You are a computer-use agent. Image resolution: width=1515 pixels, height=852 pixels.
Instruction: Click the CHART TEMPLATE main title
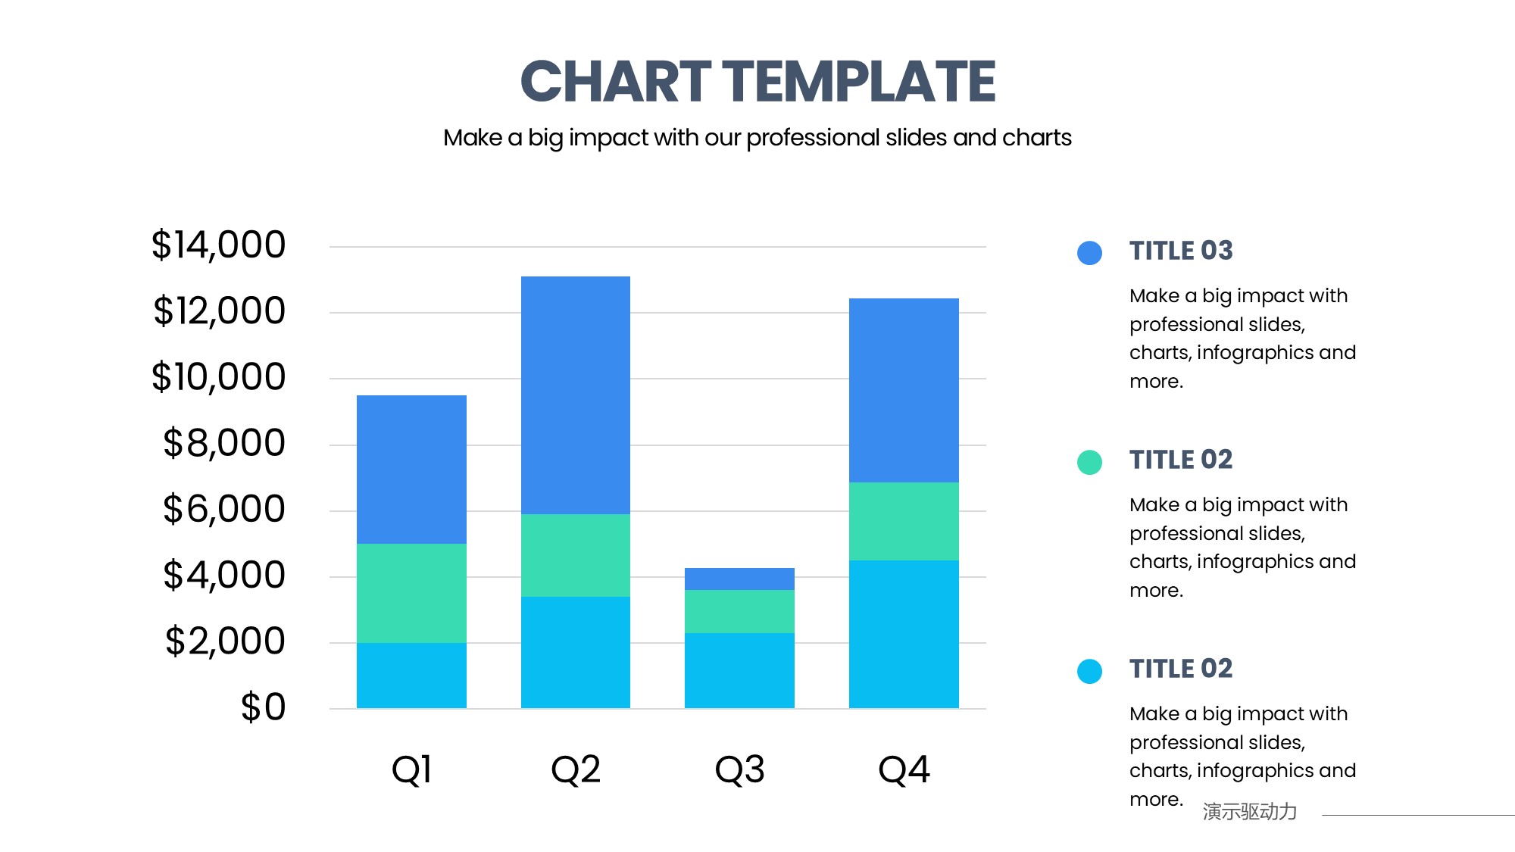[x=757, y=82]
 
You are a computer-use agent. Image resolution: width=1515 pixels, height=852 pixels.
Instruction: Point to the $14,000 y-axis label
[x=218, y=245]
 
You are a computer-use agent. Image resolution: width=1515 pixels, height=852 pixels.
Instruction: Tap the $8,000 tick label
[x=223, y=443]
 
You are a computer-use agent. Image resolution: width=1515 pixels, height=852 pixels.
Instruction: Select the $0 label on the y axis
[x=263, y=707]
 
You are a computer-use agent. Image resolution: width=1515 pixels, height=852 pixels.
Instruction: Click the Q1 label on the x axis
[x=411, y=769]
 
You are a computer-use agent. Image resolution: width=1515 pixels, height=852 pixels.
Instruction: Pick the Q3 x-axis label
[x=739, y=769]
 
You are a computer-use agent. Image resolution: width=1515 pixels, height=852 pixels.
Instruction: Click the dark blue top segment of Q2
[x=576, y=394]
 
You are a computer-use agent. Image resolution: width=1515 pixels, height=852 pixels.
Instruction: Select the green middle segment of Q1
[x=411, y=593]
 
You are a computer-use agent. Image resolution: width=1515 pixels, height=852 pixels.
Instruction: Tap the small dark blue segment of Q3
[x=739, y=579]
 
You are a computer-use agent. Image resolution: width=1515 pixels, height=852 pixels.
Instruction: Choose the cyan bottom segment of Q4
[x=904, y=634]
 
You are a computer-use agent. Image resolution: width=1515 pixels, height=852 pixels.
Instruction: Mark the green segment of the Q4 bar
[x=904, y=521]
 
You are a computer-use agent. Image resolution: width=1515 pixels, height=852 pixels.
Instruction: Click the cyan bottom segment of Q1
[x=411, y=676]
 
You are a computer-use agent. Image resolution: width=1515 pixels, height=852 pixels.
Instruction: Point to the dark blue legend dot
[x=1089, y=253]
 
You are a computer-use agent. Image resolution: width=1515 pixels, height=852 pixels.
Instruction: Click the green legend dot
[x=1089, y=462]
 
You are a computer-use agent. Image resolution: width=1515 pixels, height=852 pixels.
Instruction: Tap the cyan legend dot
[x=1089, y=671]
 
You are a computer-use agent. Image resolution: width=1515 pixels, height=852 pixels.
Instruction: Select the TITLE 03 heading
[x=1181, y=251]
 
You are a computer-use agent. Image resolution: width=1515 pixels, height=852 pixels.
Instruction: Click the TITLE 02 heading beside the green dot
[x=1181, y=460]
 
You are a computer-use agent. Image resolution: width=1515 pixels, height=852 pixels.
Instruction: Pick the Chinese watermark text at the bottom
[x=1249, y=812]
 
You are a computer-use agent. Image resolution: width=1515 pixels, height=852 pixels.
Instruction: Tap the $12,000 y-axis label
[x=219, y=311]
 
